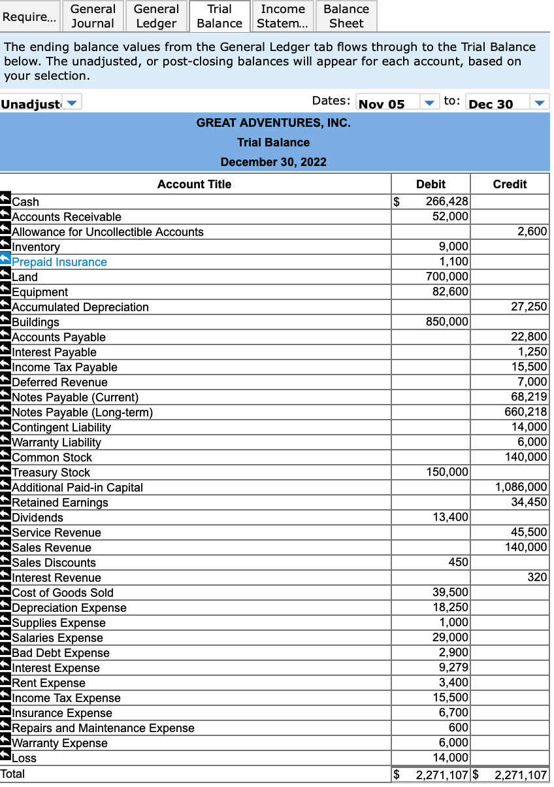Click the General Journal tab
coord(93,16)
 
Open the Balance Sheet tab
coord(346,16)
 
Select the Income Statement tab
coord(283,16)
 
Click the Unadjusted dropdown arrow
coord(73,103)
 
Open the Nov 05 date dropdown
coord(429,103)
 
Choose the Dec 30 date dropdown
coord(539,103)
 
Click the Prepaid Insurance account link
coord(59,262)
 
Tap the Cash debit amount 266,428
coord(447,202)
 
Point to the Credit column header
coord(510,184)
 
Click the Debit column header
coord(431,184)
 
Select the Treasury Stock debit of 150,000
coord(447,472)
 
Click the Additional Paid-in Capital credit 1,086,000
coord(521,487)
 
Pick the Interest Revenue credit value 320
coord(537,577)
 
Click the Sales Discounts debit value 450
coord(458,562)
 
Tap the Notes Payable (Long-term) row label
coord(82,412)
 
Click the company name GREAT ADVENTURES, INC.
coord(273,123)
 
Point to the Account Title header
coord(194,184)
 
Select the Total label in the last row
coord(13,774)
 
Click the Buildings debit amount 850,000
coord(447,322)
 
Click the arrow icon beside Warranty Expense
coord(5,743)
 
